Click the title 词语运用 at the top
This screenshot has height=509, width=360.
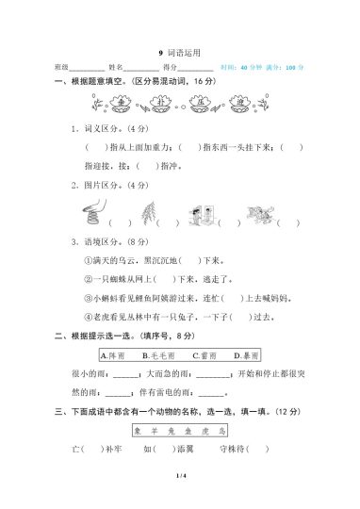click(183, 55)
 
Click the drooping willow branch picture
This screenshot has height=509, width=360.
click(143, 214)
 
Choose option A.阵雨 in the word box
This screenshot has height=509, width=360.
click(113, 355)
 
